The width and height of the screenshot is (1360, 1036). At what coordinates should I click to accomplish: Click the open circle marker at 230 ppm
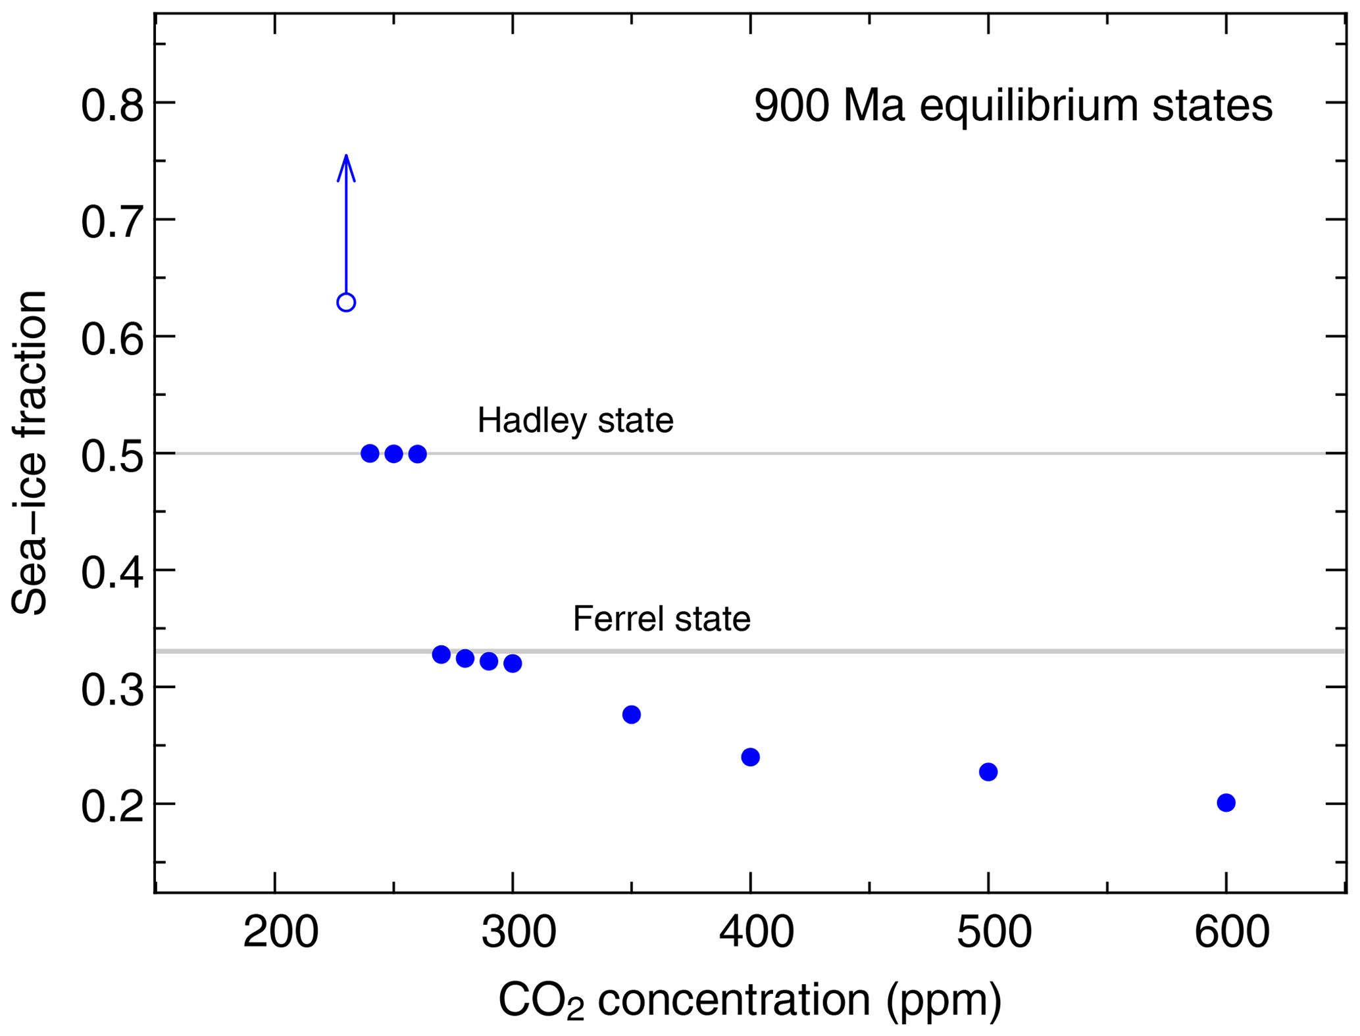(x=346, y=303)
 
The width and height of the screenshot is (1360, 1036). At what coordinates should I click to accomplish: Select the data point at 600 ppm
(x=1226, y=802)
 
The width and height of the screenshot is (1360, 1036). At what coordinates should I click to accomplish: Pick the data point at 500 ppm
(x=988, y=772)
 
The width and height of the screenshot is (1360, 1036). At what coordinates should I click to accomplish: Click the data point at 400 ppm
(x=750, y=757)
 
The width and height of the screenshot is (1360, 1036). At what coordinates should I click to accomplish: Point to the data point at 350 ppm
(x=632, y=714)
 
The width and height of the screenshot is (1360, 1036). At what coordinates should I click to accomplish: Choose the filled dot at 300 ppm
(x=513, y=664)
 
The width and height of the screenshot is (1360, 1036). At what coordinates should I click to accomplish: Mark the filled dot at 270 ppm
(x=441, y=654)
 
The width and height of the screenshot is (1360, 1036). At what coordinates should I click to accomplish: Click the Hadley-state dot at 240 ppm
(x=370, y=453)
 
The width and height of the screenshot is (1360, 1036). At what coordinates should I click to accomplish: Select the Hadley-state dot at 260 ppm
(x=418, y=454)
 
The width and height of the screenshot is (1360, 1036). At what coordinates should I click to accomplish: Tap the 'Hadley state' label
(x=575, y=420)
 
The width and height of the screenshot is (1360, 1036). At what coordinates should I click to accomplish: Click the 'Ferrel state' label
(x=661, y=619)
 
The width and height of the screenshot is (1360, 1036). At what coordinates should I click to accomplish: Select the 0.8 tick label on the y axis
(x=112, y=106)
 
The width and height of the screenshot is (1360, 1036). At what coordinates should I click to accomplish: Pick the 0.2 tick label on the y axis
(x=112, y=807)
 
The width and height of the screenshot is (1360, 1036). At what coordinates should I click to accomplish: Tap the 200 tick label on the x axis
(x=281, y=932)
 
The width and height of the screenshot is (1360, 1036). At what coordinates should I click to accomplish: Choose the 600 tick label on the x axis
(x=1232, y=932)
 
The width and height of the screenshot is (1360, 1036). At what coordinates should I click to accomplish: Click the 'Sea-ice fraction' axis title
(x=30, y=453)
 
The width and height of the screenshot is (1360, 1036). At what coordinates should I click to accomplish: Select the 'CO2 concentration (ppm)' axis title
(x=750, y=1000)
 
